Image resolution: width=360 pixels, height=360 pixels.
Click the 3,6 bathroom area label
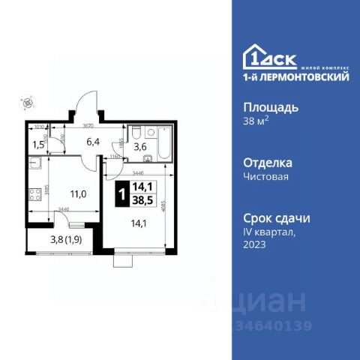click(x=139, y=147)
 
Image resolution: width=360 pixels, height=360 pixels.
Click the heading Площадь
click(x=271, y=106)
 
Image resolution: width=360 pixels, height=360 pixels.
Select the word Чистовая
click(x=267, y=177)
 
